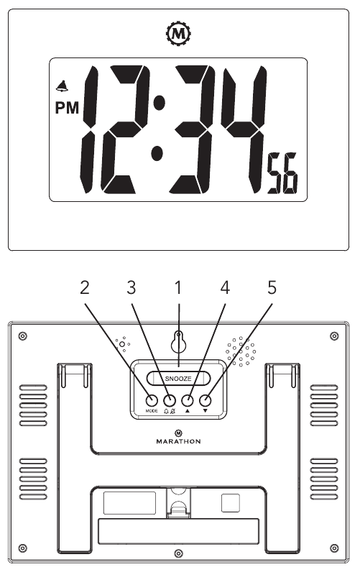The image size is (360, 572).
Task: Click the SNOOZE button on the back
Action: pyautogui.click(x=178, y=378)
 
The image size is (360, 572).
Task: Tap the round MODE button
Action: pyautogui.click(x=152, y=400)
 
